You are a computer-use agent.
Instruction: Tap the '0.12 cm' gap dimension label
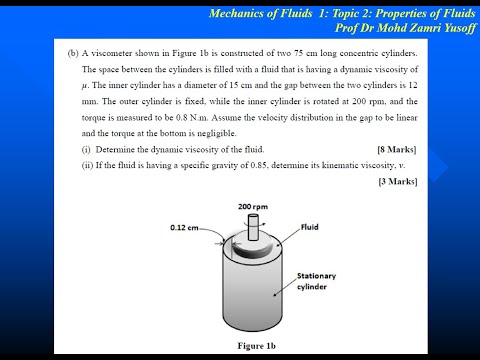click(x=186, y=227)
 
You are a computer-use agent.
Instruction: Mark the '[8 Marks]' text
click(x=398, y=149)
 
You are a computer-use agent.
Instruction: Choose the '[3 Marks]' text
click(x=398, y=181)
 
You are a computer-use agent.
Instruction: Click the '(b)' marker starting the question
click(x=73, y=53)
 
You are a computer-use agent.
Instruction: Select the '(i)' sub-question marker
click(x=86, y=149)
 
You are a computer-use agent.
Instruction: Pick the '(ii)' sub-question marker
click(x=87, y=165)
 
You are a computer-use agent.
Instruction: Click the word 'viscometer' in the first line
click(x=115, y=53)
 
